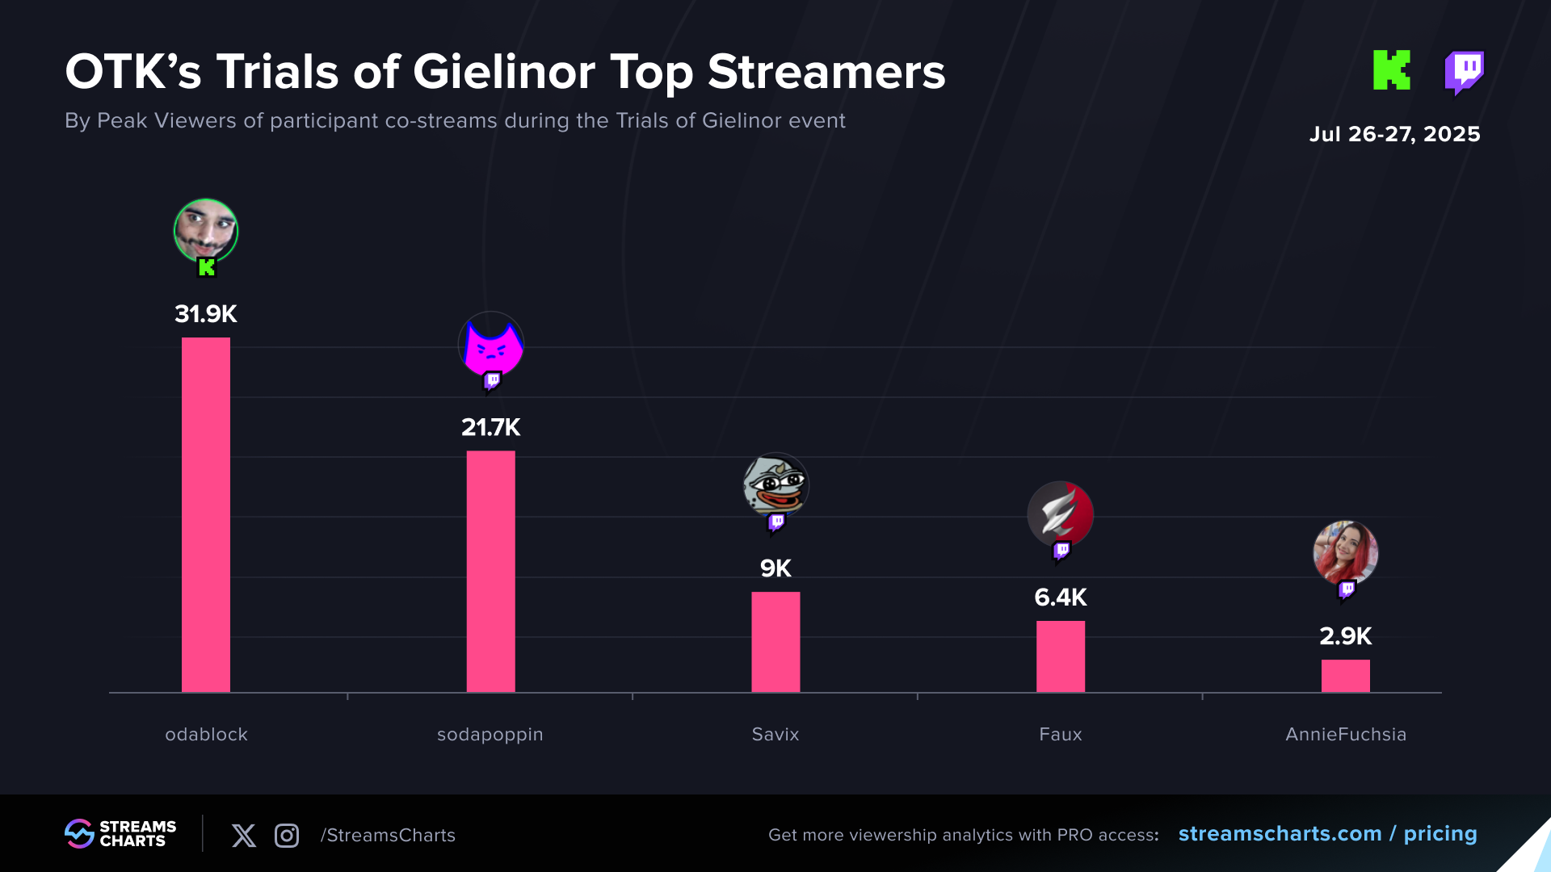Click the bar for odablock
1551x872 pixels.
coord(206,514)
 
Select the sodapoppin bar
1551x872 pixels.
coord(490,571)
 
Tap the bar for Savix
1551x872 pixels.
coord(775,642)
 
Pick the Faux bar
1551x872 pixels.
coord(1061,656)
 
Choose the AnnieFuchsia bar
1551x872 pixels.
coord(1345,676)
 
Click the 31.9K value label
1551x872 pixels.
coord(206,314)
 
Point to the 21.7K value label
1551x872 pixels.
coord(490,427)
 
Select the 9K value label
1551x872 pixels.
coord(775,568)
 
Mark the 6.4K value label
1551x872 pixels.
coord(1061,597)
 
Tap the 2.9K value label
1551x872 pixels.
coord(1345,636)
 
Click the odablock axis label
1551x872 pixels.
coord(206,735)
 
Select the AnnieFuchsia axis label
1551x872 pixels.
coord(1346,735)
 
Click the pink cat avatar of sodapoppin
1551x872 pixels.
coord(491,345)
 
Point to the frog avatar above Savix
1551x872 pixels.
coord(775,484)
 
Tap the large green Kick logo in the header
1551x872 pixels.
coord(1392,70)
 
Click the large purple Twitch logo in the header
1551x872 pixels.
coord(1464,72)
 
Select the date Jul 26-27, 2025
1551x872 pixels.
coord(1394,134)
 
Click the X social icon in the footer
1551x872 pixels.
coord(244,836)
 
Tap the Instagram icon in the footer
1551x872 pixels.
coord(287,836)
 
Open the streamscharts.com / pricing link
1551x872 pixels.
coord(1327,834)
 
